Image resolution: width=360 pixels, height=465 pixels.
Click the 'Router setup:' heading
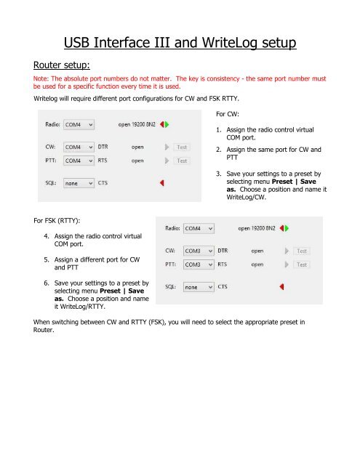pyautogui.click(x=61, y=65)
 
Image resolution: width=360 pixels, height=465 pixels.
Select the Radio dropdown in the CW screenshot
pyautogui.click(x=79, y=124)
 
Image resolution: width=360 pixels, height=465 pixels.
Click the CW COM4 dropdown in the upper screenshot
pyautogui.click(x=79, y=147)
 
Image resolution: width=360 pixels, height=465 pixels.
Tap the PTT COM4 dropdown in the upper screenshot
pyautogui.click(x=79, y=161)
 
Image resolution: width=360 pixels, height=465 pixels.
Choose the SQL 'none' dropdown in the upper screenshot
pyautogui.click(x=79, y=183)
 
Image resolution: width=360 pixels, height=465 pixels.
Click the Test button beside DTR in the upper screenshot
pyautogui.click(x=182, y=147)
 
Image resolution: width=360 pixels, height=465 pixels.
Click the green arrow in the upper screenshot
pyautogui.click(x=167, y=124)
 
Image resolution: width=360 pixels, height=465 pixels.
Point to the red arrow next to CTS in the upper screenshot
pyautogui.click(x=162, y=183)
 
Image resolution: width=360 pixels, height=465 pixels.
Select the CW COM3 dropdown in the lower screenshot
pyautogui.click(x=199, y=251)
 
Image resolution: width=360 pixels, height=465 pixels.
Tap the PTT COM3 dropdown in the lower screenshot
pyautogui.click(x=199, y=264)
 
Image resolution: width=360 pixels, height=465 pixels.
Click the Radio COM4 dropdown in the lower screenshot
pyautogui.click(x=199, y=228)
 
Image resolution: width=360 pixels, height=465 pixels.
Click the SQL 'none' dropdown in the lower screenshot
pyautogui.click(x=199, y=287)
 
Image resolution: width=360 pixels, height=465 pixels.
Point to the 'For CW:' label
pyautogui.click(x=228, y=114)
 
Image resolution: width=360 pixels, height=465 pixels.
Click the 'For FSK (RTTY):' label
pyautogui.click(x=57, y=221)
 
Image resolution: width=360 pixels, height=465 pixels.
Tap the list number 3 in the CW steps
pyautogui.click(x=219, y=174)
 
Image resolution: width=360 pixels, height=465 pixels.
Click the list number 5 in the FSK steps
pyautogui.click(x=47, y=260)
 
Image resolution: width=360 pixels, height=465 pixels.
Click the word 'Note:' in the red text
pyautogui.click(x=41, y=78)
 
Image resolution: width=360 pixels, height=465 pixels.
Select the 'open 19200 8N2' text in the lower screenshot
pyautogui.click(x=257, y=228)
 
